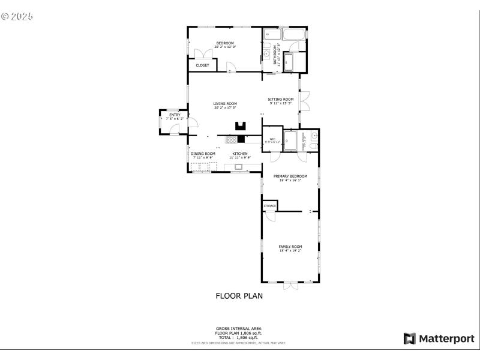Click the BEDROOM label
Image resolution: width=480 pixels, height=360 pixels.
[x=225, y=43]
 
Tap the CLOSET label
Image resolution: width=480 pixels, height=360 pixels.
[x=202, y=65]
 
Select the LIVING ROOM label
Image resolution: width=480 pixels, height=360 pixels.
[x=225, y=104]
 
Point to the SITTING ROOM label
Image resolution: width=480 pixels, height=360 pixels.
[x=281, y=99]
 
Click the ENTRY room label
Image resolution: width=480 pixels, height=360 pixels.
[x=175, y=115]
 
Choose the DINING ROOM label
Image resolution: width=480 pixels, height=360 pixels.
[x=203, y=154]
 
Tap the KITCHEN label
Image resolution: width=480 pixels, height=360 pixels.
[x=240, y=154]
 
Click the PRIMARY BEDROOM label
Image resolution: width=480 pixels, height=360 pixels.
[x=290, y=176]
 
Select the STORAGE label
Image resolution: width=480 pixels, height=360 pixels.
[x=269, y=206]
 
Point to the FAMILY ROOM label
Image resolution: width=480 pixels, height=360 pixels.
[x=290, y=247]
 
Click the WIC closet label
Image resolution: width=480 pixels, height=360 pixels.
[x=272, y=139]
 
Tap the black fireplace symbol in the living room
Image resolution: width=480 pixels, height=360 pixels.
[x=241, y=126]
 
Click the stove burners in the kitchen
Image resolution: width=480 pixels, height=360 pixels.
[x=231, y=139]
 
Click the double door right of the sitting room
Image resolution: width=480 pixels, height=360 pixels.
[x=305, y=101]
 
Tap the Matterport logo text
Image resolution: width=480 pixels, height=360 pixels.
[x=446, y=338]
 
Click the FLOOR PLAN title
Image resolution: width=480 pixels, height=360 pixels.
[x=239, y=296]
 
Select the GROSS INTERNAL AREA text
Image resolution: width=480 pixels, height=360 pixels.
[x=239, y=329]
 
